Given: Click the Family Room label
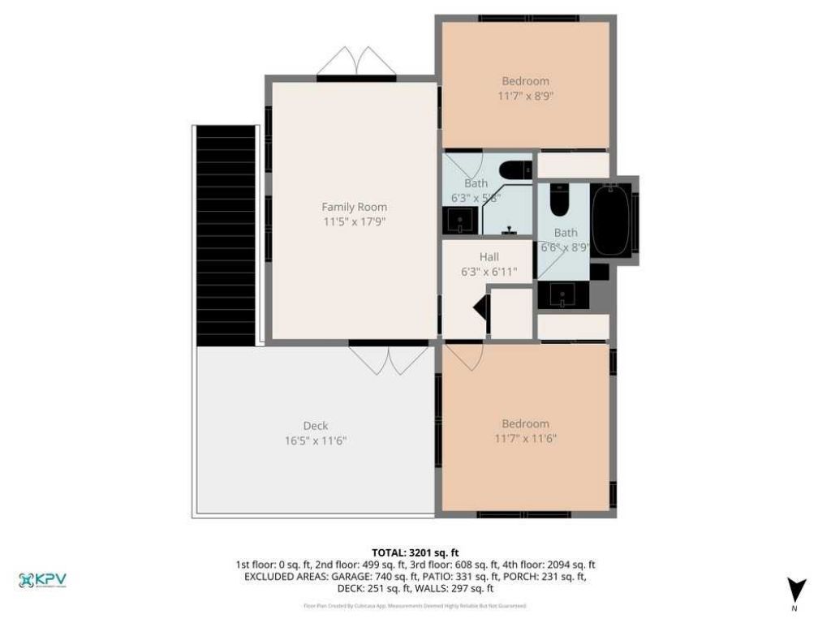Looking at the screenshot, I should tap(354, 207).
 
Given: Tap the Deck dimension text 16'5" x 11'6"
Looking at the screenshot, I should tap(316, 440).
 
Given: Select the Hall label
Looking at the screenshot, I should tap(489, 257).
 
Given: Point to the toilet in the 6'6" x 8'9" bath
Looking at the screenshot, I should tap(559, 200).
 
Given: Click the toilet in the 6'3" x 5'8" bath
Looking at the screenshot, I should tap(514, 170).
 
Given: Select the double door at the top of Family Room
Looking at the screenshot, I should tap(355, 62).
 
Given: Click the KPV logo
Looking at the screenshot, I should tap(42, 580).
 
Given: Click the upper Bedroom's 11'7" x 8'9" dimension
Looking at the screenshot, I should tap(525, 96).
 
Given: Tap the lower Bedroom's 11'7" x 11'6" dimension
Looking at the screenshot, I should tap(525, 439).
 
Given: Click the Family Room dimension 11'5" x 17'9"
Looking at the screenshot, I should tap(354, 221).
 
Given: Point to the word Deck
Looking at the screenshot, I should tap(316, 426).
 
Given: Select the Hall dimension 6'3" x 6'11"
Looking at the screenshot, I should tap(489, 272).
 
